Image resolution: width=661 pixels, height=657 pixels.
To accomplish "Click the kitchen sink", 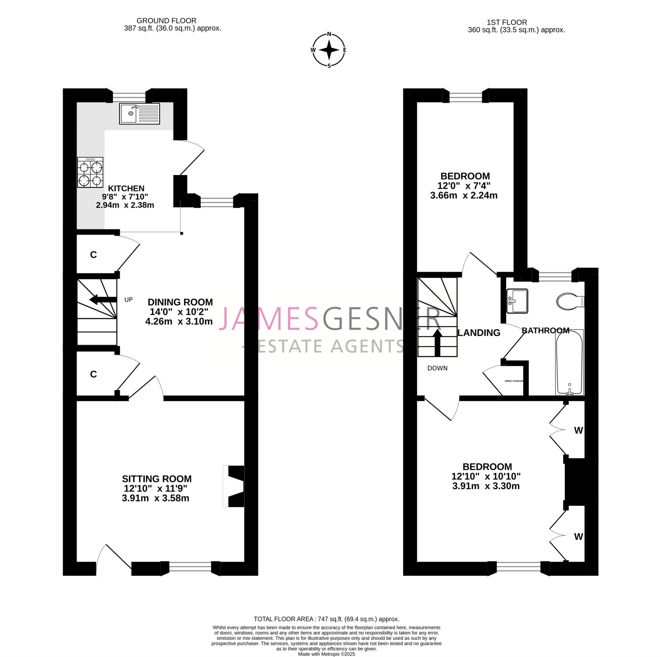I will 139,113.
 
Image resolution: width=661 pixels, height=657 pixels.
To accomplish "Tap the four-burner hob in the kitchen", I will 90,172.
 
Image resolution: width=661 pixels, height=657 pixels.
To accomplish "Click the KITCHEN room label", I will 126,188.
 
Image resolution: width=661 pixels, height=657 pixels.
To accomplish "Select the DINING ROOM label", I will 180,302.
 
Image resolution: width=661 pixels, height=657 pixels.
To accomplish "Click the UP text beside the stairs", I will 128,299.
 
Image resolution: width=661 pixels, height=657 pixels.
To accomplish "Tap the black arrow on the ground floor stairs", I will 103,300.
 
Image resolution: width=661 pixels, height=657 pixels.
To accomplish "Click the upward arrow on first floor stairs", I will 437,342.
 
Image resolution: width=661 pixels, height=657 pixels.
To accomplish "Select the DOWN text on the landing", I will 437,368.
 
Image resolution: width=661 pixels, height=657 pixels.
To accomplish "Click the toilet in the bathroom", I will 569,301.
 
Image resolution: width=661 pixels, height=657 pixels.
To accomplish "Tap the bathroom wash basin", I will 517,301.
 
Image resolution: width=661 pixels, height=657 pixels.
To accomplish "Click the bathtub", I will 569,362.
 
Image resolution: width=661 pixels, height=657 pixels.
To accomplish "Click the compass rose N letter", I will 329,34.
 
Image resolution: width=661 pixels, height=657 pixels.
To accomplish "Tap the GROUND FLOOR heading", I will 166,21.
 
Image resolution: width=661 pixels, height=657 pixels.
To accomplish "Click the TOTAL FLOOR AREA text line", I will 326,619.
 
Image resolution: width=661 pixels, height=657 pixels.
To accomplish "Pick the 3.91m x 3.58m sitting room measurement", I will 155,498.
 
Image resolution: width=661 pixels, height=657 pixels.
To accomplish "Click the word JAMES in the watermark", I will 269,319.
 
